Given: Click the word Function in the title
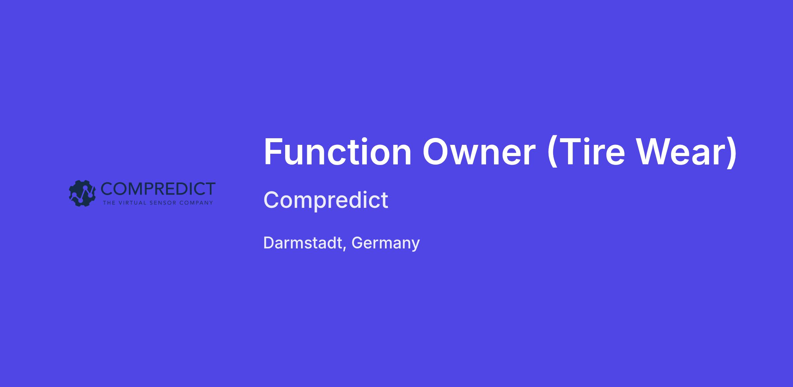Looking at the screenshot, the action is [x=338, y=152].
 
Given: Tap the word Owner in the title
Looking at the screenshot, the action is [x=479, y=152].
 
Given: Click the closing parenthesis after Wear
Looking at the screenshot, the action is [x=732, y=153].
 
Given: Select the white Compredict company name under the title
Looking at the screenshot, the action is [x=326, y=200].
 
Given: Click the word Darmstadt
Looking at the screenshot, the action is [x=303, y=243].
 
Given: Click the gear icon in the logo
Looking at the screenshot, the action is [x=82, y=193].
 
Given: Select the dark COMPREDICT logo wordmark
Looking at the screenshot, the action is [x=158, y=188].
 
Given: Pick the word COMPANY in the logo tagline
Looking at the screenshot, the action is [x=196, y=203].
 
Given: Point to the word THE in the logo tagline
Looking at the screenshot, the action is [x=109, y=203].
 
